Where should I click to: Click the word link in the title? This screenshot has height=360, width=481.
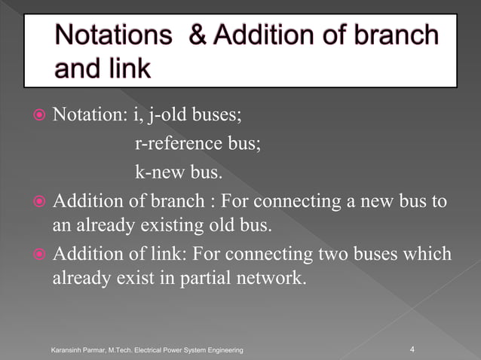[125, 69]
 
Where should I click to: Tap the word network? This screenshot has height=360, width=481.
[263, 277]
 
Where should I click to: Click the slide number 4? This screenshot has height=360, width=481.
[412, 349]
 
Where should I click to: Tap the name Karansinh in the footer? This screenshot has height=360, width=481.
[67, 350]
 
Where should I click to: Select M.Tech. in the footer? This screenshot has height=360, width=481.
[125, 350]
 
